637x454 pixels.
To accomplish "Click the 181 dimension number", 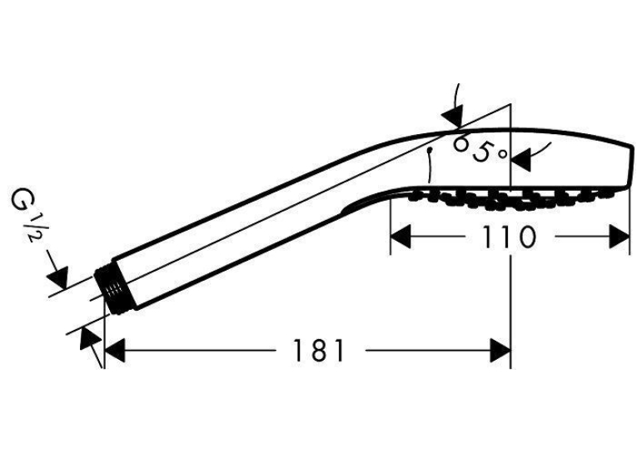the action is (x=318, y=351).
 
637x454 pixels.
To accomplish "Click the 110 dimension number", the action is (x=509, y=237).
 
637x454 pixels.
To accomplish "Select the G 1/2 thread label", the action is (x=27, y=217).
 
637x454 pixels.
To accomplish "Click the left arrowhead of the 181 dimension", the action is (x=115, y=351).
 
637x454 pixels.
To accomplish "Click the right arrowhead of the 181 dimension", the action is (x=500, y=351).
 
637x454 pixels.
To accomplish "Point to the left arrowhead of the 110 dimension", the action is (x=401, y=237).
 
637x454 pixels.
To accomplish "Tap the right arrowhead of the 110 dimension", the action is (x=620, y=237).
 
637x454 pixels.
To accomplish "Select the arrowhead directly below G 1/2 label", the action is (x=57, y=277).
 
